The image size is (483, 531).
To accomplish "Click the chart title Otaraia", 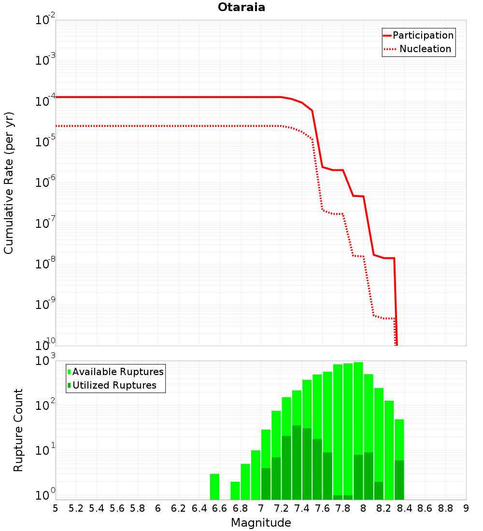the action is click(x=241, y=7).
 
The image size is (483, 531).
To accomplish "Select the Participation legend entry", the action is click(x=419, y=35).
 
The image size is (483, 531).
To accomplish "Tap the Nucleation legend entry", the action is click(x=418, y=49).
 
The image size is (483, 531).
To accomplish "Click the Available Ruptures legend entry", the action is click(x=115, y=372).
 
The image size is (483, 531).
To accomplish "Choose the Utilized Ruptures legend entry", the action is click(x=112, y=385).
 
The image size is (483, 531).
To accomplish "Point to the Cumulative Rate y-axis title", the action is click(x=9, y=183).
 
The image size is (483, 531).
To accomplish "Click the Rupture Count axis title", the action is click(x=18, y=430).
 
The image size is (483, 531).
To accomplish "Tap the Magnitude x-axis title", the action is click(x=261, y=523).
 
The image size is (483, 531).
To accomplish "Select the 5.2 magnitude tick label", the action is click(x=76, y=509).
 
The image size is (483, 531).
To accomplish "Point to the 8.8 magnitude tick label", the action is click(x=445, y=509).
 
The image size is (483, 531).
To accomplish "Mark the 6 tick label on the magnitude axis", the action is click(x=158, y=509).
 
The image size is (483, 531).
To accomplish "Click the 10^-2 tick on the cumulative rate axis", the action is click(x=45, y=19).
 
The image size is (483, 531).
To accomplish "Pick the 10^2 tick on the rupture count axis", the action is click(x=45, y=405).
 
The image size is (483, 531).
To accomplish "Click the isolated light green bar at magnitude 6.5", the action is click(x=214, y=487).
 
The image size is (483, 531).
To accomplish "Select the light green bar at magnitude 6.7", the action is click(x=235, y=491).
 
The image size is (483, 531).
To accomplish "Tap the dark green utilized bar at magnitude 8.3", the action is click(x=399, y=480).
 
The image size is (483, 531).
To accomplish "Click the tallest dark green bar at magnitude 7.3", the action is click(x=297, y=462).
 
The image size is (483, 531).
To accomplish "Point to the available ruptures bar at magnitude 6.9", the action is click(x=245, y=482).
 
